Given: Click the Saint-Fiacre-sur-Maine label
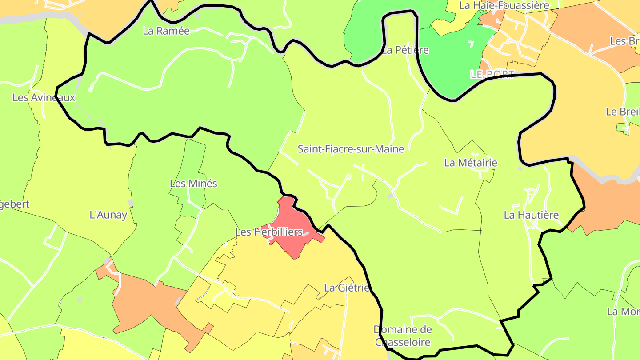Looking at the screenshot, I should pos(351,149).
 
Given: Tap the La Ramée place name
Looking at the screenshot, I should pos(166,31).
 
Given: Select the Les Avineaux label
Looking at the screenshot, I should pos(44,97).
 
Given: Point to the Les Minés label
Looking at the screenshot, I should pos(193,183).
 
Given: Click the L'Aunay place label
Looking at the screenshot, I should pos(108,215).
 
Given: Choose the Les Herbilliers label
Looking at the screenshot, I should pos(268,232).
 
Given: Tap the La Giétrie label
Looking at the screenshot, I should pos(347,288).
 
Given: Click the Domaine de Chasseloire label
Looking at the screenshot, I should pos(403,336).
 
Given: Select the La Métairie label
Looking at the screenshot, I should pos(470,163).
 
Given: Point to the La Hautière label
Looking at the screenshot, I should pos(531,215).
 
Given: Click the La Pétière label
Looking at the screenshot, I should pos(405,50).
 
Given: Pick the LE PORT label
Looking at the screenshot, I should pos(492,74).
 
